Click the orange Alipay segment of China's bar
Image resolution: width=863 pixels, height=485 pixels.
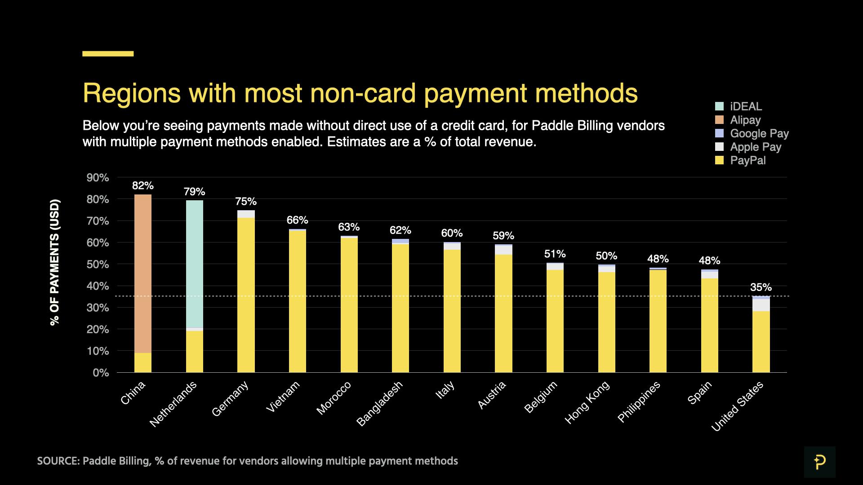(143, 273)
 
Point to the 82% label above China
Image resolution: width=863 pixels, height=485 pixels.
(143, 185)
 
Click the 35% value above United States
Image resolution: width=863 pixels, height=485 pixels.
(761, 287)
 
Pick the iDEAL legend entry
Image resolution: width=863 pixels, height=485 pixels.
(746, 106)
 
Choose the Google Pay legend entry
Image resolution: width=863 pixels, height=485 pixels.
(759, 133)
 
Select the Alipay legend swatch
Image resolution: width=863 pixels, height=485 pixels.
(719, 120)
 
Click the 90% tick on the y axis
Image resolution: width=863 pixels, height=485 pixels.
(98, 178)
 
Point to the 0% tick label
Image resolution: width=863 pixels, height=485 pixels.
(101, 373)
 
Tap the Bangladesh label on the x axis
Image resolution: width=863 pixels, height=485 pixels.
(380, 403)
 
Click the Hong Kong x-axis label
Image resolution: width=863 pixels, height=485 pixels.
(587, 402)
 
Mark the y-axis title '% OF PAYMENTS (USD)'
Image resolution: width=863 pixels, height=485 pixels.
(55, 262)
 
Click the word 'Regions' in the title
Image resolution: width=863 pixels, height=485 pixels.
(132, 93)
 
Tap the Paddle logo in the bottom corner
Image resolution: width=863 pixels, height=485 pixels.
(819, 462)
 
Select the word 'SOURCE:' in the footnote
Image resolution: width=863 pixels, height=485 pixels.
(58, 461)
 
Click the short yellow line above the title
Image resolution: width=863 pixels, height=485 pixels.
(108, 54)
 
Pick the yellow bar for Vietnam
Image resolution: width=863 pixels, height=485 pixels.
(298, 301)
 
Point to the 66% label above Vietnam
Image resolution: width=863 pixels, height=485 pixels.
(298, 220)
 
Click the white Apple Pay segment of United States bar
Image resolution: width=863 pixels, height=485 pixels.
(761, 305)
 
